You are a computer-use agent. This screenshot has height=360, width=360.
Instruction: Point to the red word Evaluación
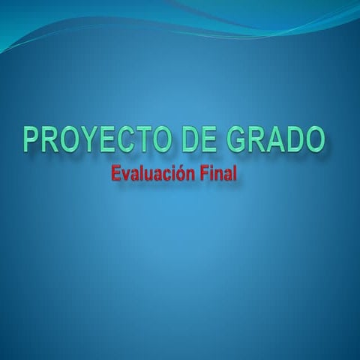pos(153,175)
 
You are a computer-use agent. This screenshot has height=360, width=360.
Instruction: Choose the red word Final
pos(218,175)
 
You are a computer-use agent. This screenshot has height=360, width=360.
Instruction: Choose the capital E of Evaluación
pos(115,175)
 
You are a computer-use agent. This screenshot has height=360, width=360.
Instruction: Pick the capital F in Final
pos(204,175)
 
